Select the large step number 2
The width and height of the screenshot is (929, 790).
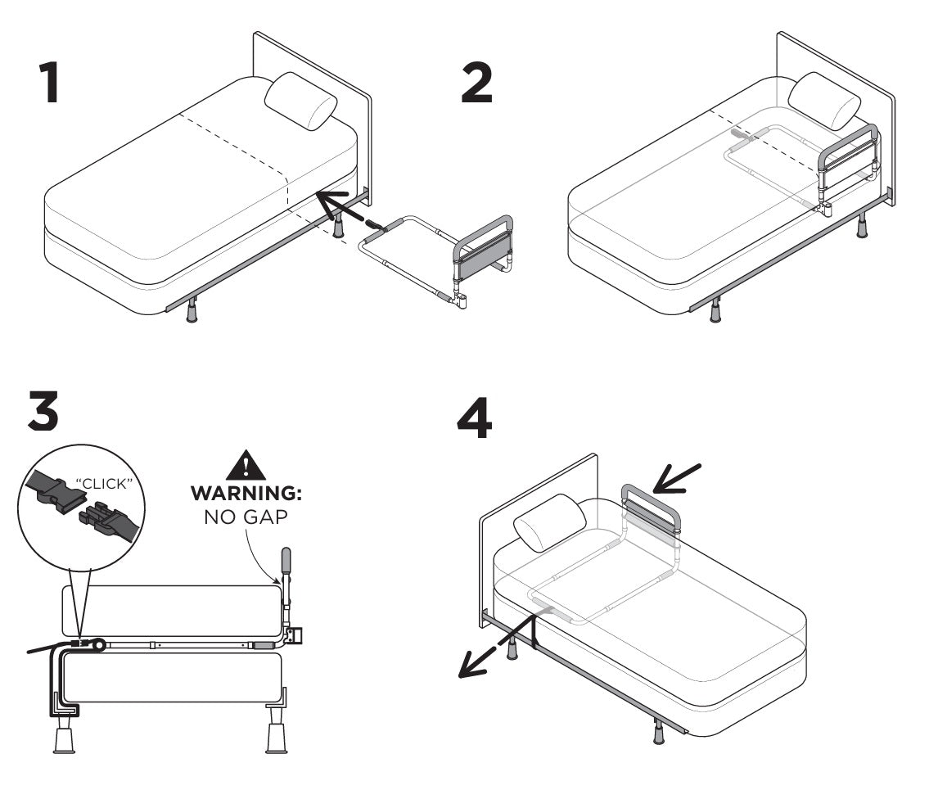coord(477,83)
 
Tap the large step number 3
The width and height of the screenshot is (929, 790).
coord(43,410)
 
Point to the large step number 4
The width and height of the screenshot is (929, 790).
coord(475,418)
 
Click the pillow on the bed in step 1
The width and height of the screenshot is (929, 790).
coord(301,102)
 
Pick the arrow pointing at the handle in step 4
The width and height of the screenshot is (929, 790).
coord(677,480)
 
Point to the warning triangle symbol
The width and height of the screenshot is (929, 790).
coord(246,464)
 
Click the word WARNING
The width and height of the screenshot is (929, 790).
coord(246,493)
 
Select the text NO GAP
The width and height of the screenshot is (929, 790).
coord(246,517)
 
